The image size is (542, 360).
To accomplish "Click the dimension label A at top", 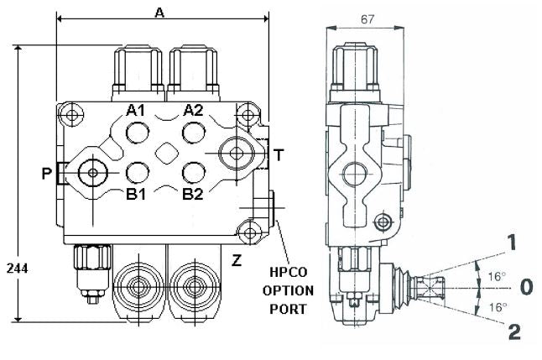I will [159, 11].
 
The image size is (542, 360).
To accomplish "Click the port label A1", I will [136, 110].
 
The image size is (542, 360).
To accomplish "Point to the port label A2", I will [194, 110].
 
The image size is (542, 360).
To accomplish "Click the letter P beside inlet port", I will [46, 173].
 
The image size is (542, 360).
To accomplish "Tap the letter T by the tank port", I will [279, 154].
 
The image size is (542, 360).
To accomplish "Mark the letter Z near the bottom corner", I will [237, 260].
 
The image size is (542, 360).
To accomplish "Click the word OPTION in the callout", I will [288, 290].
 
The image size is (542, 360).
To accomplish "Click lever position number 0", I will [526, 287].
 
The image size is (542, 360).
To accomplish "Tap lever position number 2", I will [513, 331].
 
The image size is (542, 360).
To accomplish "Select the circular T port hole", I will [237, 154].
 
